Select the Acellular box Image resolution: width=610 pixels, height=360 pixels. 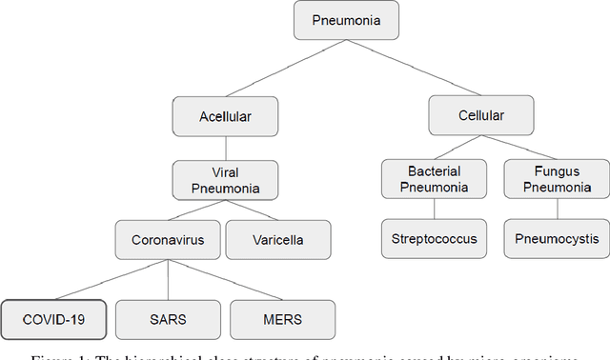[x=225, y=116]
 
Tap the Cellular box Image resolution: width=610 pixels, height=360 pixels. [x=480, y=115]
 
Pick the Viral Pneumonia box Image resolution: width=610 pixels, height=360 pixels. [x=225, y=179]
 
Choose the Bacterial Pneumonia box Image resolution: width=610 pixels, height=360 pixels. [x=435, y=178]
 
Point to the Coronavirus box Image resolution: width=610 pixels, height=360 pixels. [x=168, y=240]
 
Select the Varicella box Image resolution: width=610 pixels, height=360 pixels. [x=278, y=240]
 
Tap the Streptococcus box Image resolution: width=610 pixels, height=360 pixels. [x=435, y=239]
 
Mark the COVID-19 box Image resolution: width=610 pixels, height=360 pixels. [x=53, y=319]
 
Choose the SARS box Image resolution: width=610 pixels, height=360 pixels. [x=168, y=319]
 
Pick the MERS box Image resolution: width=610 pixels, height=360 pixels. [x=282, y=319]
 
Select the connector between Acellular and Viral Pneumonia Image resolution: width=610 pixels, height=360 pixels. [x=225, y=148]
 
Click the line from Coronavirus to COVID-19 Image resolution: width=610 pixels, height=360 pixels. [x=111, y=279]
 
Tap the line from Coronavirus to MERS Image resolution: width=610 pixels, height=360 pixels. [x=225, y=279]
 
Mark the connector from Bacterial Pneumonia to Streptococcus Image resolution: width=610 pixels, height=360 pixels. [x=435, y=210]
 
